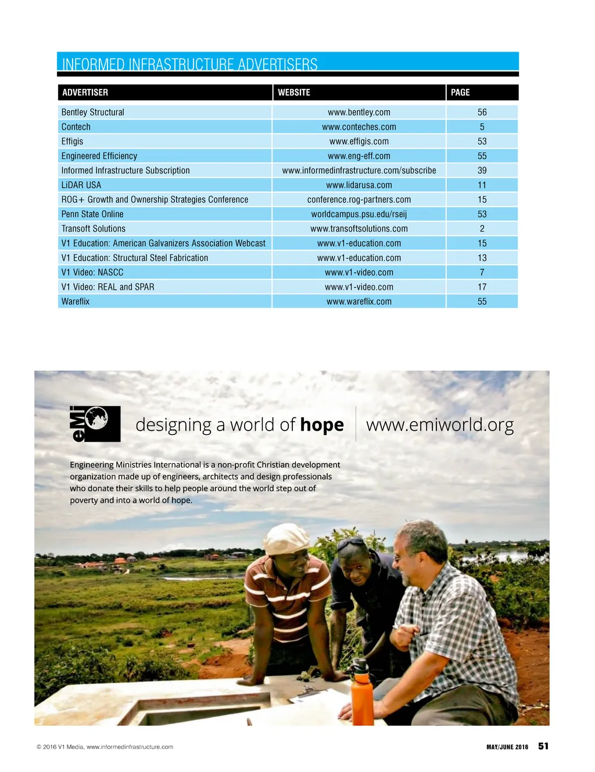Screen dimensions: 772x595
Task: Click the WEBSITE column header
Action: coord(294,92)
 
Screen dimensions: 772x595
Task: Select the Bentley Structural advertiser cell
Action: coord(93,112)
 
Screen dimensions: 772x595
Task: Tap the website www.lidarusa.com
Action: coord(359,185)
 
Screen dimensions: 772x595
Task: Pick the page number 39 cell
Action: coord(482,171)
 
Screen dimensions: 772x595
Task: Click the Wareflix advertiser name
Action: coord(76,302)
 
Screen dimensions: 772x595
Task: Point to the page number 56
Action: coord(482,112)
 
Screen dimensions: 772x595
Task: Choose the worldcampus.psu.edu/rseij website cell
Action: coord(359,214)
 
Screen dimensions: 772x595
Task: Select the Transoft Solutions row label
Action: coord(94,229)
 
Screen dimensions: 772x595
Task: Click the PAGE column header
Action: coord(460,92)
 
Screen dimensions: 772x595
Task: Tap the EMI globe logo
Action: coord(95,424)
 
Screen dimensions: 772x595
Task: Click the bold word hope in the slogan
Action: coord(322,425)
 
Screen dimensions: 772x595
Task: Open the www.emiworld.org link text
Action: coord(440,425)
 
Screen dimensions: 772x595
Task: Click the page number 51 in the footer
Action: coord(543,746)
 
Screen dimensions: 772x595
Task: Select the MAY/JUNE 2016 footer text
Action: coord(507,747)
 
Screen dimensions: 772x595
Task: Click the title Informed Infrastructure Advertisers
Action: coord(190,63)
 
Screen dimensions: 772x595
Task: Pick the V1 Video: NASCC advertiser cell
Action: coord(92,272)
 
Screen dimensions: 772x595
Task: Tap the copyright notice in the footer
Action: coord(105,747)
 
